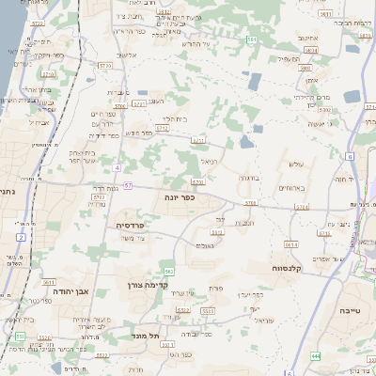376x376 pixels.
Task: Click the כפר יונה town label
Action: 183,198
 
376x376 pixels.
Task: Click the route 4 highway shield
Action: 116,167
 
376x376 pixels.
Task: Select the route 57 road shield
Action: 127,185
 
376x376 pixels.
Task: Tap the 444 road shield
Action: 316,357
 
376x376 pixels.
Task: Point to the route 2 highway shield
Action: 20,225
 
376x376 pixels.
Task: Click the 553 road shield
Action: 19,335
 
